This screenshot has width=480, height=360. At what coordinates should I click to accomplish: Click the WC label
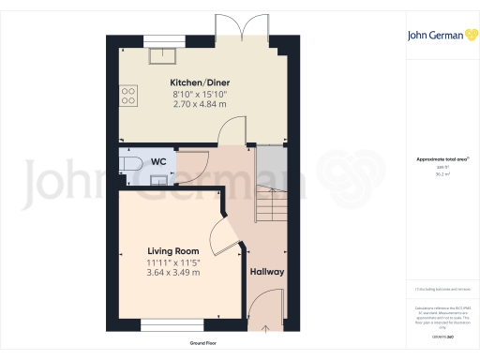(x=158, y=160)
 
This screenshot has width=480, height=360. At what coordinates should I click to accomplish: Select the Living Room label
(x=174, y=251)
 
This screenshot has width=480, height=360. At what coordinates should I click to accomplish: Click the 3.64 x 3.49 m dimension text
(x=174, y=273)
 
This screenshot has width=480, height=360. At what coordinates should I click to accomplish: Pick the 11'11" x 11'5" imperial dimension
(x=174, y=262)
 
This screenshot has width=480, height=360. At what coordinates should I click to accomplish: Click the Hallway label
(x=266, y=273)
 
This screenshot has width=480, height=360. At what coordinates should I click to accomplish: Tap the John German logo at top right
(x=438, y=36)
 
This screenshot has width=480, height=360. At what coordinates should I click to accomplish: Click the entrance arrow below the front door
(x=266, y=329)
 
